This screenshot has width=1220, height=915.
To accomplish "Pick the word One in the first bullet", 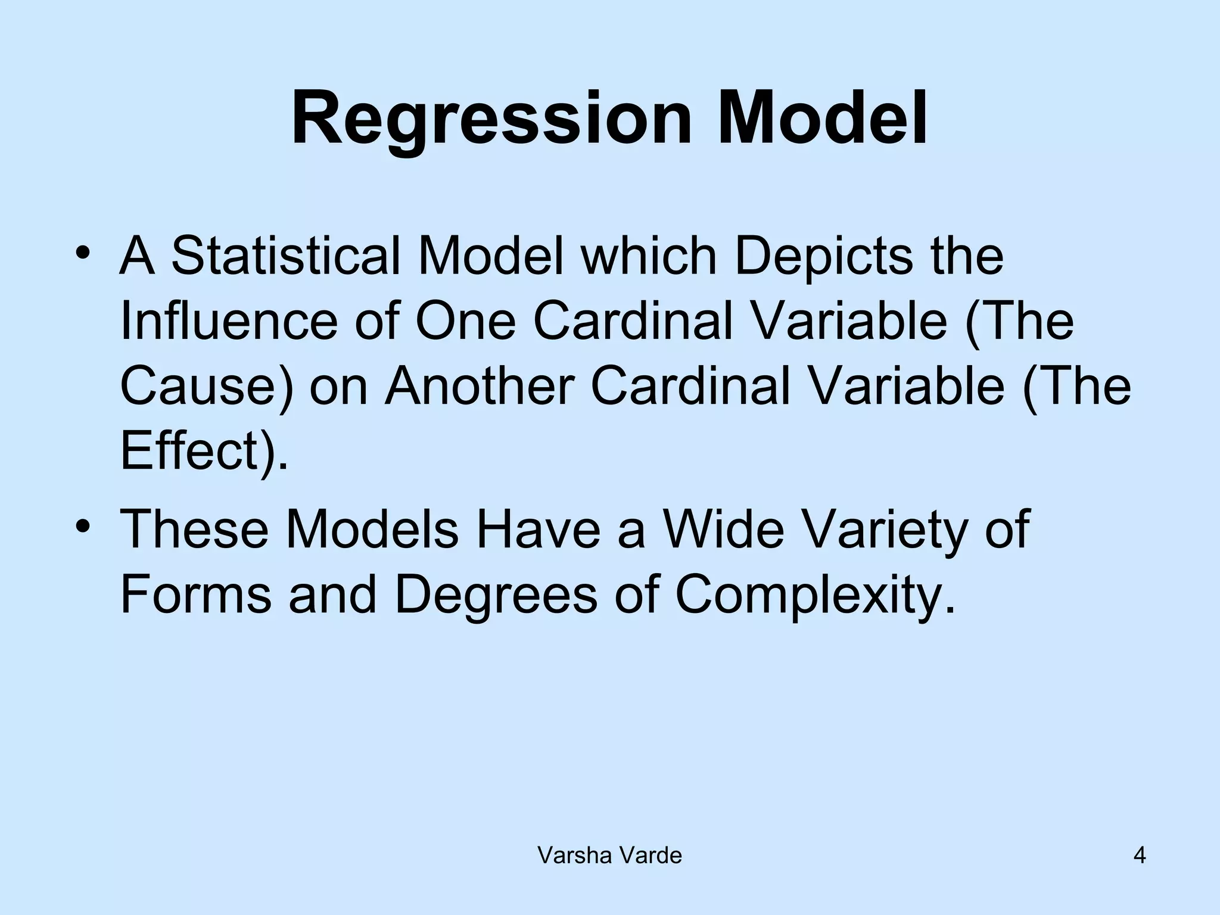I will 465,322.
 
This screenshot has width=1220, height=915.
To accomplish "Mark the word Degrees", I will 495,596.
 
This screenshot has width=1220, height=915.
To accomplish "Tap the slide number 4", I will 1139,856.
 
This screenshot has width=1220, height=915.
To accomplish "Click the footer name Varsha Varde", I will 609,856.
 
